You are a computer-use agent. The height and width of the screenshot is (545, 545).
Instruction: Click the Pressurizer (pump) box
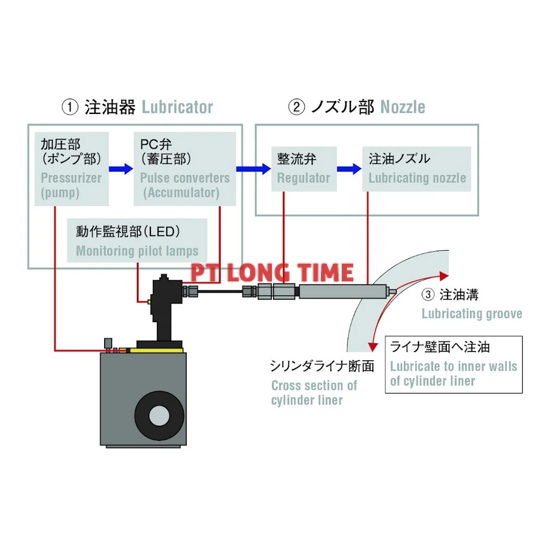coord(71,168)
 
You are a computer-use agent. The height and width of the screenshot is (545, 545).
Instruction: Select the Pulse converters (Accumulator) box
coord(185,168)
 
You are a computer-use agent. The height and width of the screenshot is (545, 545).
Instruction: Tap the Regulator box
coord(304,168)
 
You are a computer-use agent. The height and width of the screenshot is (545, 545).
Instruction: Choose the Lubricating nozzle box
coord(417,168)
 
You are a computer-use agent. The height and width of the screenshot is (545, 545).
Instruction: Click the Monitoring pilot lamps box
coord(137,241)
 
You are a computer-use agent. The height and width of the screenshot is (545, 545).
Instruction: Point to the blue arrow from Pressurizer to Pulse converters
coord(120,169)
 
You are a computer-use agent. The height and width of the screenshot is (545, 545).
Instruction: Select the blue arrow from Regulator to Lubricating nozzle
coord(349,169)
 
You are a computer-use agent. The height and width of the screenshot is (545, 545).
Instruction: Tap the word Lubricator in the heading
coord(177,107)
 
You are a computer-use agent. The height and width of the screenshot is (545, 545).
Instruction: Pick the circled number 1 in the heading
coord(69,107)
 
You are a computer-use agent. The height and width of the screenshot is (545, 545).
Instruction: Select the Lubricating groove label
coord(471,313)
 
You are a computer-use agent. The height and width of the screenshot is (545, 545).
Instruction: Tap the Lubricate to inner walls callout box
coord(453,365)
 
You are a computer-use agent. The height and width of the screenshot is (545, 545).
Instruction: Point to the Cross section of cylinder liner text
coord(314,392)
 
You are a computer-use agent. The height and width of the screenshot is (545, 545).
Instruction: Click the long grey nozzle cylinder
coord(341,292)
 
